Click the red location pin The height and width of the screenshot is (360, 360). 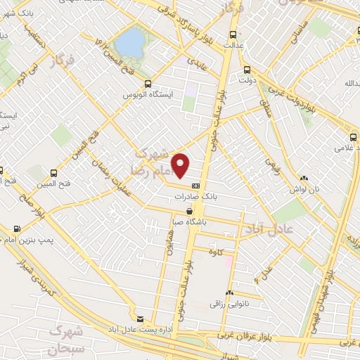(181, 165)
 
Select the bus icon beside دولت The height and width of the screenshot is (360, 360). (247, 70)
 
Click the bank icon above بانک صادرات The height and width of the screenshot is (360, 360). (195, 185)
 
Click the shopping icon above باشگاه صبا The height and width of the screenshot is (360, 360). (189, 211)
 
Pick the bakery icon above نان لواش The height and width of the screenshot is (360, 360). (303, 179)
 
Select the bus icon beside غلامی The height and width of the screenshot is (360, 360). (354, 137)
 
